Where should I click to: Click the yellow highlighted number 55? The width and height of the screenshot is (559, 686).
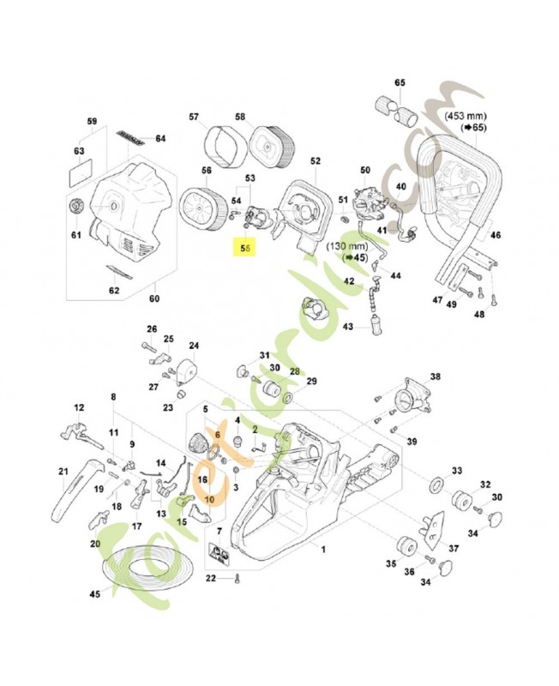(x=246, y=249)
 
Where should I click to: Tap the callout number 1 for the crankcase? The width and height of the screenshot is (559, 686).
(x=322, y=546)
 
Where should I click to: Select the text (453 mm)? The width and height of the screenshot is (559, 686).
(x=468, y=113)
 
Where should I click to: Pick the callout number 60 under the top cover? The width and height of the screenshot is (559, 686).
(x=155, y=298)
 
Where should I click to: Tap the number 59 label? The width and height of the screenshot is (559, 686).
(x=93, y=121)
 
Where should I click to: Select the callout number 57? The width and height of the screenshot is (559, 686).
(x=194, y=117)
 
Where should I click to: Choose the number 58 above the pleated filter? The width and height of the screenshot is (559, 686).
(x=240, y=117)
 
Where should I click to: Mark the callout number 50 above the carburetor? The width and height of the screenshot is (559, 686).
(x=365, y=170)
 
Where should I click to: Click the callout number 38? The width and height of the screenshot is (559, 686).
(x=435, y=377)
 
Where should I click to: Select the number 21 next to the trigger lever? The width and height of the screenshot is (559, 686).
(x=63, y=471)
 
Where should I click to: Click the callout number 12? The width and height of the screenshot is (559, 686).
(x=79, y=407)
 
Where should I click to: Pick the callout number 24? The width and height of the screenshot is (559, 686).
(x=195, y=346)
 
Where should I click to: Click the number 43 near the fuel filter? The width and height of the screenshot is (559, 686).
(x=348, y=327)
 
